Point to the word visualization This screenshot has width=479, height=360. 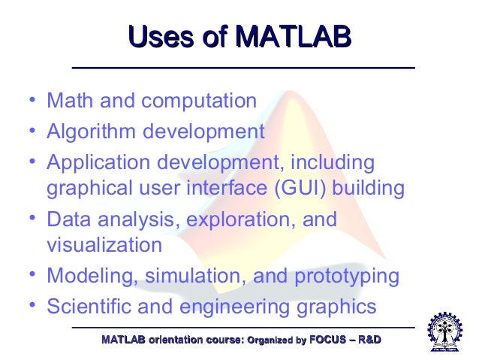pyautogui.click(x=104, y=245)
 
